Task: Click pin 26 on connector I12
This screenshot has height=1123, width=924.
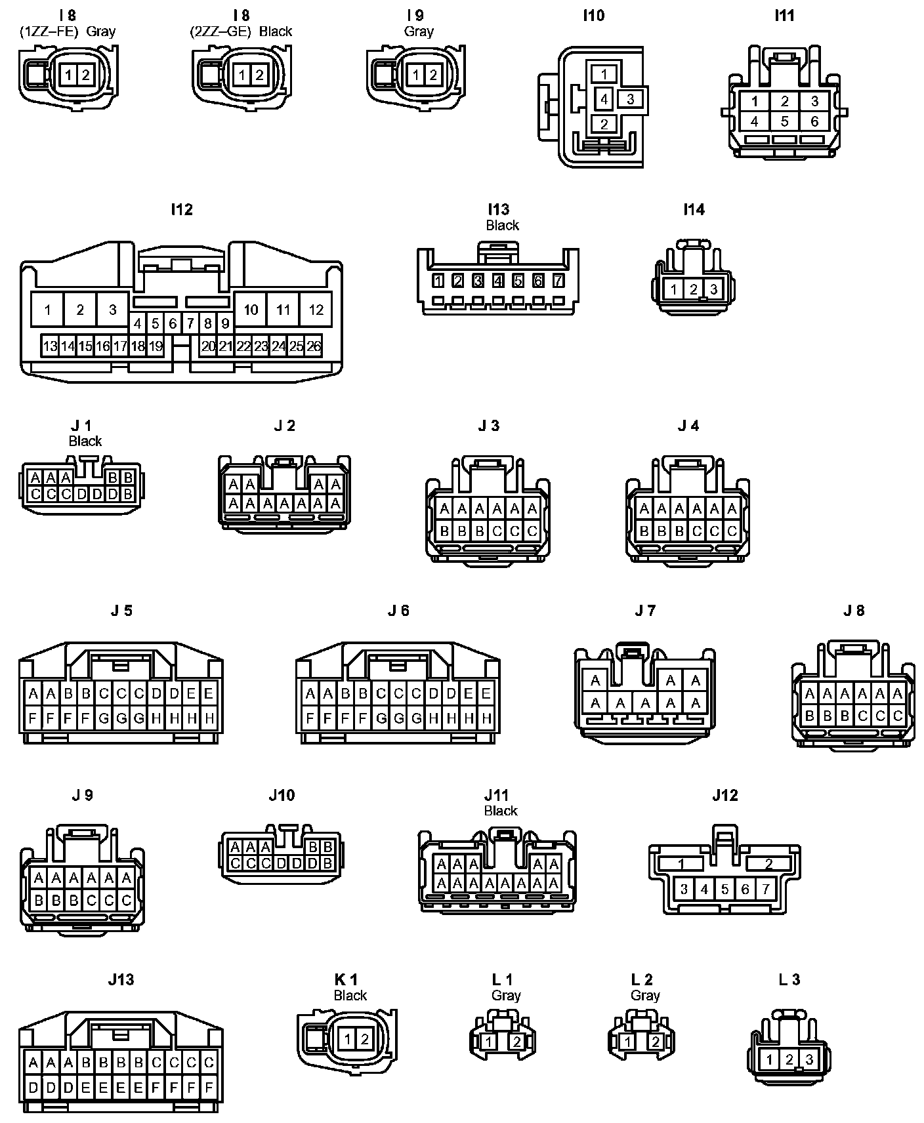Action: tap(314, 346)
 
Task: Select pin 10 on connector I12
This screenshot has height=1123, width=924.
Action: tap(251, 310)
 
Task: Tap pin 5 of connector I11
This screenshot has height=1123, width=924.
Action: tap(785, 121)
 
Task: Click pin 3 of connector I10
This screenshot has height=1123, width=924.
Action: tap(630, 100)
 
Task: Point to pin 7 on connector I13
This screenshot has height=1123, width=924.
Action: tap(558, 281)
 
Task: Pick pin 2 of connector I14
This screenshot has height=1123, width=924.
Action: tap(693, 289)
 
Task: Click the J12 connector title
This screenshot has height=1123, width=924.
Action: tap(724, 796)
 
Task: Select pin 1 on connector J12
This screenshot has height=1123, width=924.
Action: tap(681, 864)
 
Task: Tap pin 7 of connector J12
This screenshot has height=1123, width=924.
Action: tap(766, 889)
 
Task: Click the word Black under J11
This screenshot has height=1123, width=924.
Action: tap(501, 811)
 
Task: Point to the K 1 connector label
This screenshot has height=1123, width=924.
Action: tap(346, 980)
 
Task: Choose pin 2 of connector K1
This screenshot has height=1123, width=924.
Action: tap(364, 1038)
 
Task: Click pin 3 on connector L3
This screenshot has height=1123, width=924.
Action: tap(809, 1059)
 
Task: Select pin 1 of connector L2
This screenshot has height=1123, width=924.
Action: tap(629, 1042)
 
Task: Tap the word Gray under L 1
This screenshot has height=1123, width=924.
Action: tap(505, 996)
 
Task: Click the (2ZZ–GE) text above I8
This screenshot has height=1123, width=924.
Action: tap(220, 31)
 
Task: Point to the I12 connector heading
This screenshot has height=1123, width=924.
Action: tap(182, 209)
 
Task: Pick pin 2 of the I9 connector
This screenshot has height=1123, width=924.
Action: tap(432, 75)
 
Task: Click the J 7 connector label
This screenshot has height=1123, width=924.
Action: tap(645, 611)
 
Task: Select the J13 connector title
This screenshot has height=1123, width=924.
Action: tap(121, 980)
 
